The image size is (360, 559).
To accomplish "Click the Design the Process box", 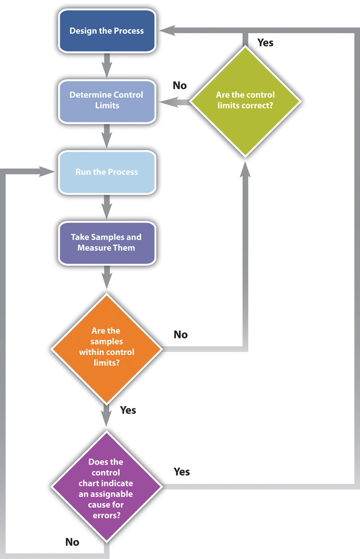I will click(107, 31).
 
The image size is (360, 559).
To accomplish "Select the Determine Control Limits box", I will click(107, 100).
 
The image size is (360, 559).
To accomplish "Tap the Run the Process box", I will click(107, 172).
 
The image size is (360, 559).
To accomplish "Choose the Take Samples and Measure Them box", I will click(107, 242).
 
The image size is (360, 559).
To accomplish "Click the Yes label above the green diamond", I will click(265, 43).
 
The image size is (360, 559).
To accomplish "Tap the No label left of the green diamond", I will click(180, 85).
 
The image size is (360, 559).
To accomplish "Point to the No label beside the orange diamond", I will click(180, 334).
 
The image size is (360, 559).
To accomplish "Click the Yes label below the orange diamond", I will click(128, 410).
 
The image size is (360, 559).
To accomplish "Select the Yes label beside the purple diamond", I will click(182, 472).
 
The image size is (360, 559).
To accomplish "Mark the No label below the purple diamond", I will click(72, 542).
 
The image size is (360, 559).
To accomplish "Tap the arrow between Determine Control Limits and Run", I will click(107, 135).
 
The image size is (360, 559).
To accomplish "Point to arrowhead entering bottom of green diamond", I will click(245, 167).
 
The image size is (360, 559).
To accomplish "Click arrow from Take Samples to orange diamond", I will click(107, 276).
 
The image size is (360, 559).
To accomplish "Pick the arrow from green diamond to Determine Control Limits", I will click(173, 103).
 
